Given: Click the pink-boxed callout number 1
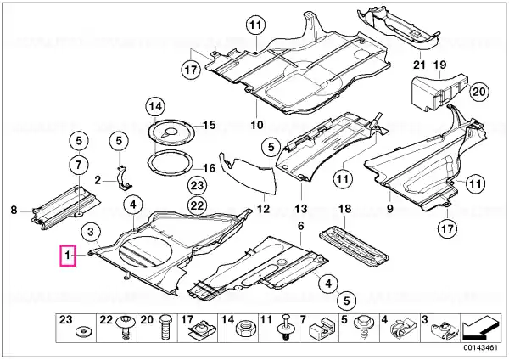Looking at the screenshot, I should point(66,253).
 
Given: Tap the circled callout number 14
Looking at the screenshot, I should point(153,107).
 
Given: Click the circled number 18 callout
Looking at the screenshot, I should point(344,209).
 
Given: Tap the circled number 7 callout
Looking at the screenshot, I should point(77,163).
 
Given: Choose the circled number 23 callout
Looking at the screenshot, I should point(197,186).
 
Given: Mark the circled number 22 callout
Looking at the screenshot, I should point(197,205).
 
